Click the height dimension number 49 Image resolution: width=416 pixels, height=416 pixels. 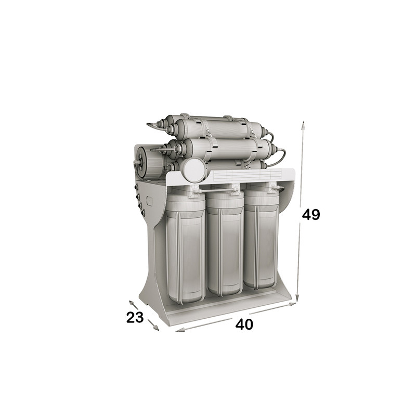coord(311,214)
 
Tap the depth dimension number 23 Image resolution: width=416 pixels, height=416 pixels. coord(135,317)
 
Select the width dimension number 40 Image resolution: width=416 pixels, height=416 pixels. coord(244,324)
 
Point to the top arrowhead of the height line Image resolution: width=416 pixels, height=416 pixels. coord(303,125)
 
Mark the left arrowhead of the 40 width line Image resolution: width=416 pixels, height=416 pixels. coord(180,330)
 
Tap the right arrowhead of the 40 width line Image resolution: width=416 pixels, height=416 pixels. coord(293,304)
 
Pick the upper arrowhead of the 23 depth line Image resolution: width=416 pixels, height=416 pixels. coord(131,303)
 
